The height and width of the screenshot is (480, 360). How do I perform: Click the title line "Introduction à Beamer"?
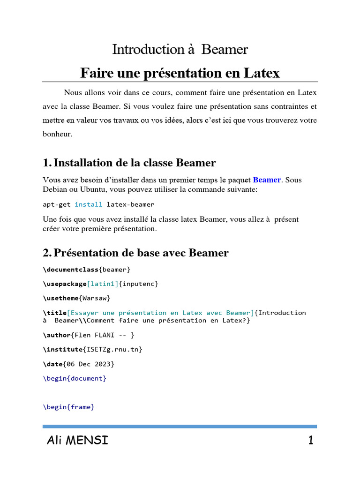(180, 49)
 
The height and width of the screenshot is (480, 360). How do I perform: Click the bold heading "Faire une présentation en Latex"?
(180, 73)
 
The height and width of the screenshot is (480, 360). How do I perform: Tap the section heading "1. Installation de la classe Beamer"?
(129, 163)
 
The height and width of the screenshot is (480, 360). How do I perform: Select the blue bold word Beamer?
(267, 180)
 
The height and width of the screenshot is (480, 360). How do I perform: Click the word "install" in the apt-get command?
(88, 204)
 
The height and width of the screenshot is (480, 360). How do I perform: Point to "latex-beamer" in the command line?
(130, 204)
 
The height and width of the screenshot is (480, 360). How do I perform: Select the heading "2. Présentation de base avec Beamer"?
(136, 253)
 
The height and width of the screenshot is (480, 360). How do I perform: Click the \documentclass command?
(70, 270)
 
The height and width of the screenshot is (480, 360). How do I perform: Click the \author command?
(57, 335)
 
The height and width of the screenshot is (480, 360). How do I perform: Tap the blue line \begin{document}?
(75, 378)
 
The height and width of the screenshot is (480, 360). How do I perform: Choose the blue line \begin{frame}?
(68, 407)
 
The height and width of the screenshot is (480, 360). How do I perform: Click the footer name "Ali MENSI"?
(77, 440)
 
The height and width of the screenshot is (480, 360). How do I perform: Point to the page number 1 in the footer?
(310, 440)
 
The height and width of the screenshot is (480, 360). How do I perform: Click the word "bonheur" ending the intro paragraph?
(57, 134)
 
